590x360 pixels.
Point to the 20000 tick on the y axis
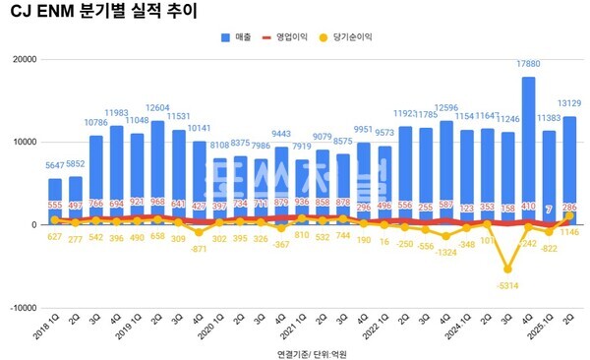point(23,60)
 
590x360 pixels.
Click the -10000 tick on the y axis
point(21,307)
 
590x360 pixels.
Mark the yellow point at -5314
point(507,269)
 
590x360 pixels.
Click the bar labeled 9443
point(281,185)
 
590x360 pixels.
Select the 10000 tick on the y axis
point(23,143)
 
